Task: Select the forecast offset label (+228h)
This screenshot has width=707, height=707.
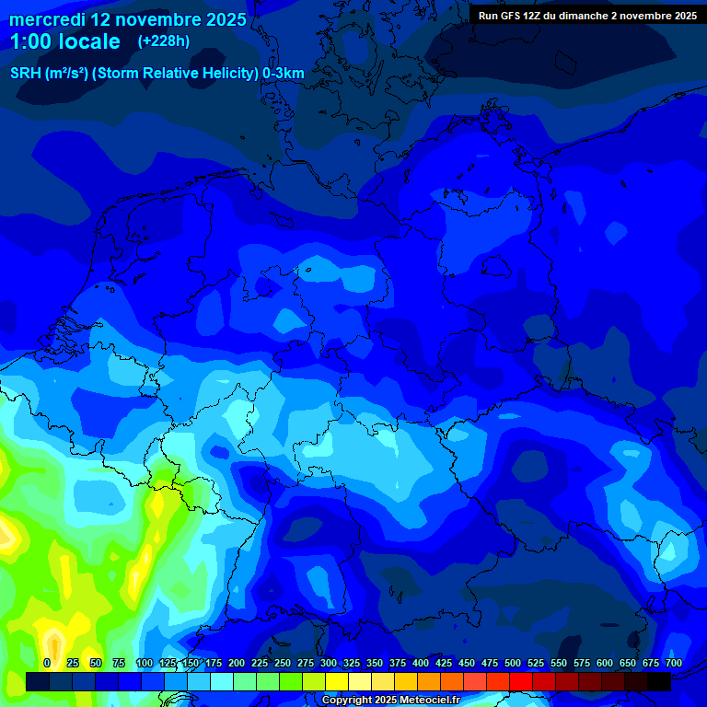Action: tap(164, 41)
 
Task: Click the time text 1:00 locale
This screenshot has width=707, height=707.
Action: tap(64, 41)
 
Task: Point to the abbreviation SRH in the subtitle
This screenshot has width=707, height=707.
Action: tap(25, 74)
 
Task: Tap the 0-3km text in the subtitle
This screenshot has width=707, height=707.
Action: tap(284, 74)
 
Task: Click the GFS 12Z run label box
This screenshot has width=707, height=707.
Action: tap(587, 16)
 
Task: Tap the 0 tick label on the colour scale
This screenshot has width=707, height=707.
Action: tap(47, 663)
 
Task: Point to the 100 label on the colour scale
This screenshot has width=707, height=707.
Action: tap(145, 663)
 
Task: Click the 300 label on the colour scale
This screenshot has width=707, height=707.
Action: tap(329, 663)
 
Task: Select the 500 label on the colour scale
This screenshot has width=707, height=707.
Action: tap(513, 663)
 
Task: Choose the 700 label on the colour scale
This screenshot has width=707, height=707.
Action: tap(674, 663)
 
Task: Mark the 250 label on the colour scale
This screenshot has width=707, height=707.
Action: tap(283, 663)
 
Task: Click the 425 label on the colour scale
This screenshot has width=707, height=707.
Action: tap(444, 663)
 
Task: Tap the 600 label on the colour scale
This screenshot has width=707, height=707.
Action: tap(605, 663)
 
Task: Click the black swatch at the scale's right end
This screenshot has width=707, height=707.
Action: tap(659, 681)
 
